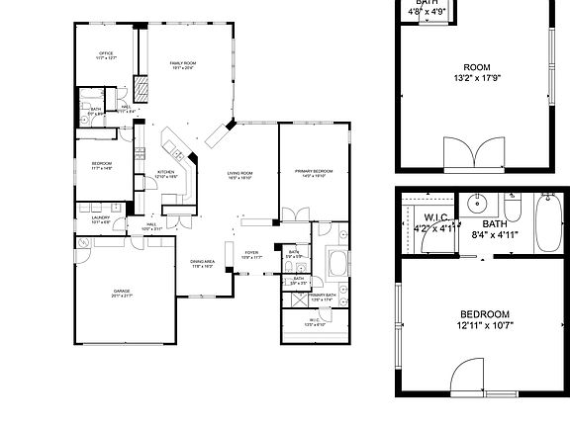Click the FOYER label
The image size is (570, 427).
point(251,253)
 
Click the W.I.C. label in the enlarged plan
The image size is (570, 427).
point(438,217)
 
